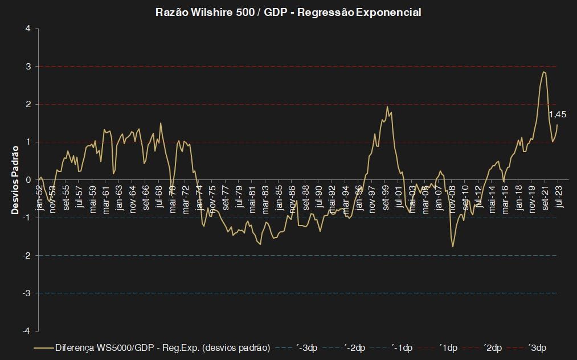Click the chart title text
(x=288, y=12)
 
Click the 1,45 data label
(x=557, y=114)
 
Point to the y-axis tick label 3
(x=28, y=66)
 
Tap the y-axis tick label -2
(x=27, y=255)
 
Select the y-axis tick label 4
(x=28, y=28)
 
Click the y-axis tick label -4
(x=27, y=330)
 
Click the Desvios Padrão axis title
(x=15, y=179)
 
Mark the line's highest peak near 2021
(x=544, y=71)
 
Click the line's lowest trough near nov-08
(x=453, y=246)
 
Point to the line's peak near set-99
(x=387, y=107)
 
